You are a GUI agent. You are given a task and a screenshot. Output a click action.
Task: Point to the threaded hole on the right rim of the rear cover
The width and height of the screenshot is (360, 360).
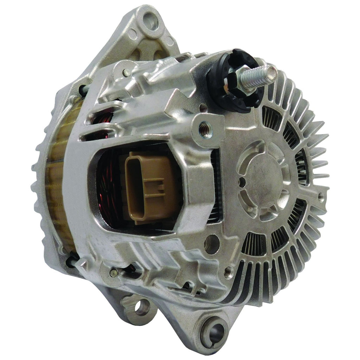(x=321, y=197)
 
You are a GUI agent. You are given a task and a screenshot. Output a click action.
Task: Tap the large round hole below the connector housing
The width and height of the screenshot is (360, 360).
(x=212, y=244)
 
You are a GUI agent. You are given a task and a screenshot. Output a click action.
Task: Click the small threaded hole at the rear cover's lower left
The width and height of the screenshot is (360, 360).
(x=229, y=271)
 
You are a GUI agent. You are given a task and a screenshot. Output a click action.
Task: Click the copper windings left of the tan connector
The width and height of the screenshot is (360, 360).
(x=109, y=190)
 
